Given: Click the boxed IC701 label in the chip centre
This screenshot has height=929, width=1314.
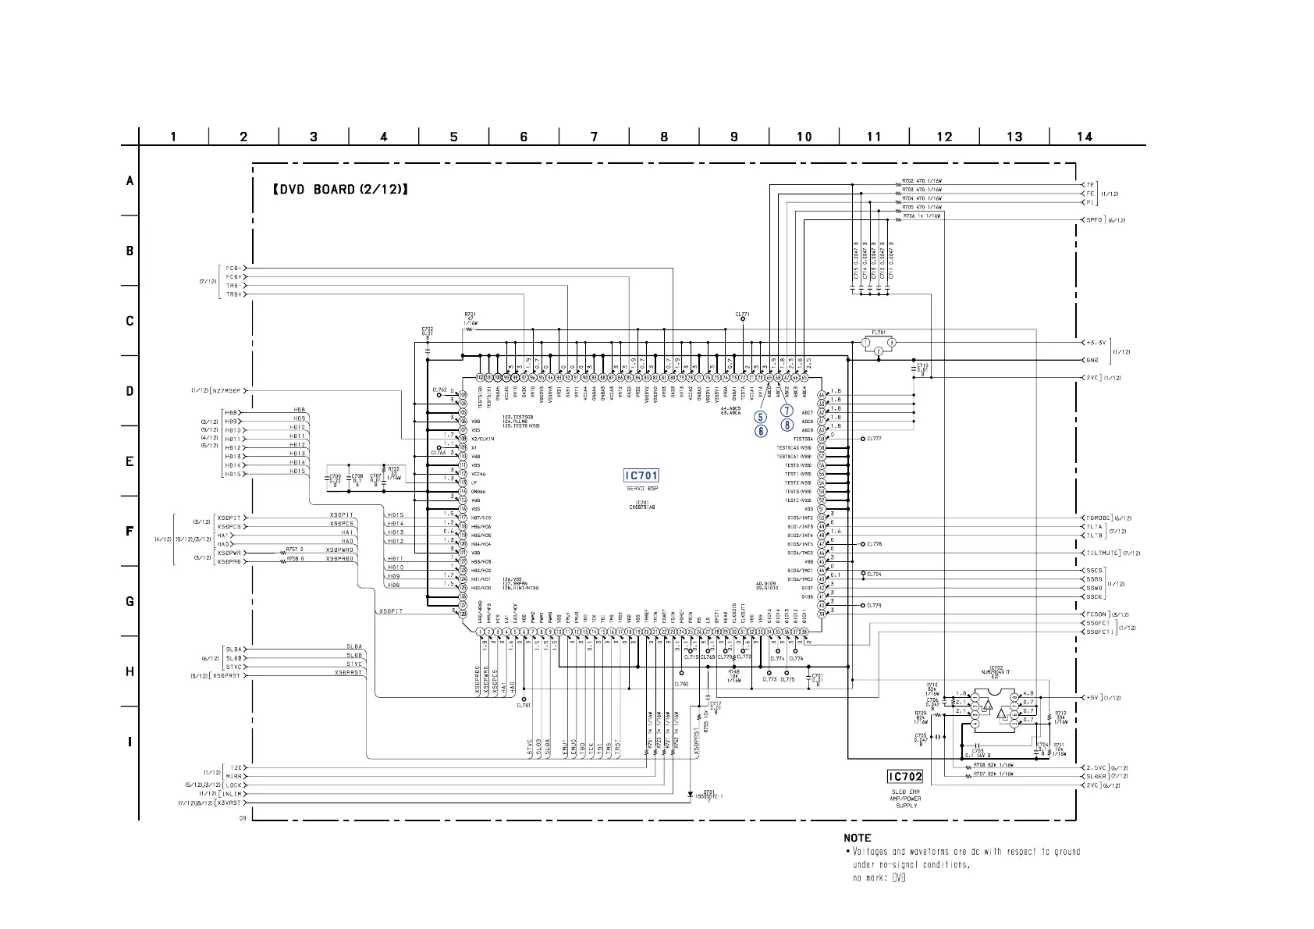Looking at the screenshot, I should [x=641, y=475].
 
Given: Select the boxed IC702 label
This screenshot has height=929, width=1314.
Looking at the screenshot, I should [x=905, y=776].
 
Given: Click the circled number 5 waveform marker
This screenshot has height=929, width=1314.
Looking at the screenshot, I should [x=761, y=418].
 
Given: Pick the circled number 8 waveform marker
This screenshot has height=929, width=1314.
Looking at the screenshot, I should [x=787, y=425].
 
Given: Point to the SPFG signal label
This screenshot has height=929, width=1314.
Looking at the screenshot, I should [x=1094, y=220].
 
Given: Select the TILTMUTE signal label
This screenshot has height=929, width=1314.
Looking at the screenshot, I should [x=1103, y=553].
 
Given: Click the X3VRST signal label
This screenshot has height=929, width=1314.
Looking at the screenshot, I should [x=231, y=803].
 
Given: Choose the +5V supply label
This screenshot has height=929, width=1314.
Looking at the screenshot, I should [x=1092, y=697].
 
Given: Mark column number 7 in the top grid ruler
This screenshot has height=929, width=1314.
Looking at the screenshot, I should [x=594, y=137].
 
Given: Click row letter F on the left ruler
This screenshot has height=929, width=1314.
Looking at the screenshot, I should [x=130, y=532].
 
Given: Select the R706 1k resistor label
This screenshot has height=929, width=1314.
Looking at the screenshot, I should [x=922, y=215].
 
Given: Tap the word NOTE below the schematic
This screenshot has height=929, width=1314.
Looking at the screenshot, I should [x=858, y=838].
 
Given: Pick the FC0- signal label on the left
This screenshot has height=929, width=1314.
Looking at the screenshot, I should [x=233, y=269].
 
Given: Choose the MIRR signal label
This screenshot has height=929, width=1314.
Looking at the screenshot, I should [x=233, y=777].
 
